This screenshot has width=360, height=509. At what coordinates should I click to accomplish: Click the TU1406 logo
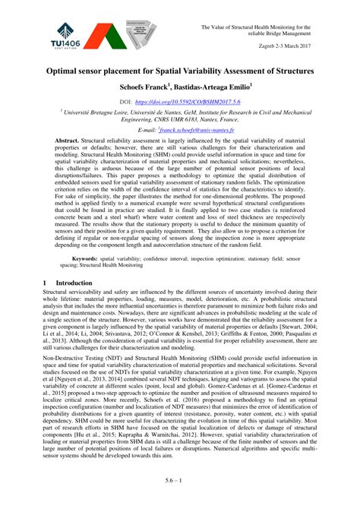(66, 35)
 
